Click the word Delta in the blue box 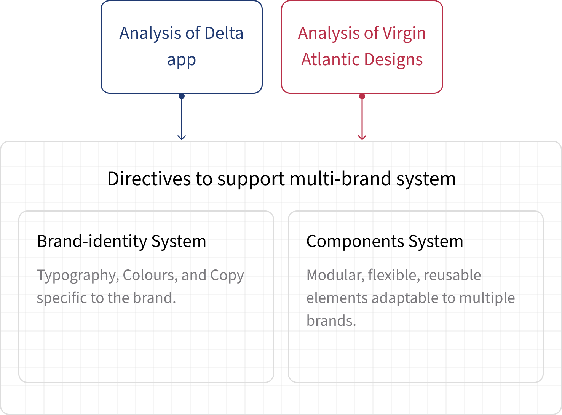[x=224, y=33]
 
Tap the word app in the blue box [x=181, y=60]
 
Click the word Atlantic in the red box [x=330, y=59]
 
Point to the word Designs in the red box [x=393, y=60]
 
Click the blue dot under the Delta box [x=181, y=96]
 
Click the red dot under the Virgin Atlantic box [x=362, y=96]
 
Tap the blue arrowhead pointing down [x=181, y=138]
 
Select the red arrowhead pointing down [x=362, y=138]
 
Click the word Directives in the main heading [x=149, y=179]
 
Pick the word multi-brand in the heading [x=340, y=179]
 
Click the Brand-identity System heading [x=121, y=241]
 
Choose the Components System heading [x=385, y=241]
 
